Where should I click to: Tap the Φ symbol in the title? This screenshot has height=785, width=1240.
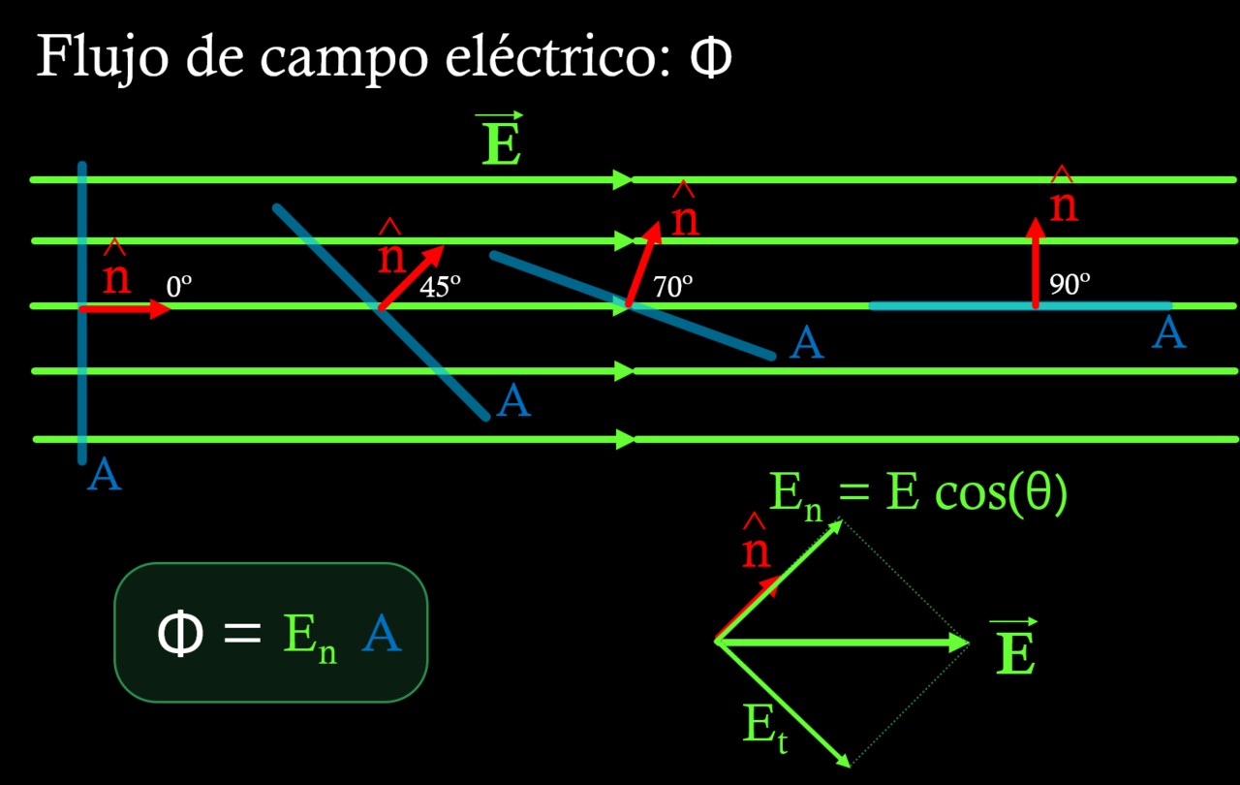(x=710, y=59)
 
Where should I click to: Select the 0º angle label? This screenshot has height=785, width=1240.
(x=179, y=287)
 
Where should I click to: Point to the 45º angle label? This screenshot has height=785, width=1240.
(x=440, y=287)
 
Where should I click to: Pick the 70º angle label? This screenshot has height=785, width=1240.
(x=672, y=287)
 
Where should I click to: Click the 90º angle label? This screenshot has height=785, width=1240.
(x=1069, y=285)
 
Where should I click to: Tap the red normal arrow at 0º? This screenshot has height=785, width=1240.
(x=126, y=309)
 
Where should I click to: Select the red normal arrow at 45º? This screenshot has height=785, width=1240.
(x=411, y=277)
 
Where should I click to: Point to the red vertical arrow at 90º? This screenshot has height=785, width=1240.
(x=1036, y=263)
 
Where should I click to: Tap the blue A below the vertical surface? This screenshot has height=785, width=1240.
(x=104, y=476)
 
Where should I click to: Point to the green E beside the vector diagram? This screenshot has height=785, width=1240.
(x=1015, y=655)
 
